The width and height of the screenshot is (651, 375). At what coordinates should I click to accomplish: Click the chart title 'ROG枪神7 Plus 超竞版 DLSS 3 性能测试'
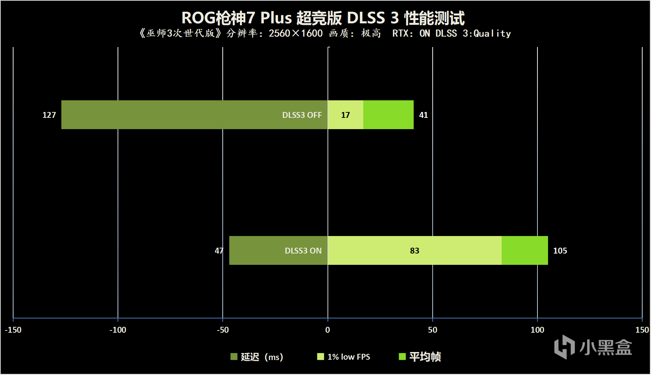(x=323, y=18)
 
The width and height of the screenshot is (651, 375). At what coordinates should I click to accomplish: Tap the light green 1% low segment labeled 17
(x=345, y=115)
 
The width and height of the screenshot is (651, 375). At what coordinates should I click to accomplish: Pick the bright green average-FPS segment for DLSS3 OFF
(x=388, y=115)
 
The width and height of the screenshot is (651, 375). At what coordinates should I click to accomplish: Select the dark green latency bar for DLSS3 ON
(x=256, y=250)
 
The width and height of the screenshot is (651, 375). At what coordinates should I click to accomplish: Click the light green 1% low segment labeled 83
(x=414, y=251)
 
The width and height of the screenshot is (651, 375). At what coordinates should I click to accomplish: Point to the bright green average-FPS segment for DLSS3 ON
(x=525, y=250)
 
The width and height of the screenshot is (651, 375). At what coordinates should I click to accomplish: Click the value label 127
(x=49, y=115)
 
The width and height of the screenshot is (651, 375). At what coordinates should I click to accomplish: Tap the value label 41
(x=423, y=115)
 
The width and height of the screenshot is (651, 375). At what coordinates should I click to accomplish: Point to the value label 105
(x=560, y=251)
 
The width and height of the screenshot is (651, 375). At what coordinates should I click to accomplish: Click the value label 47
(x=219, y=251)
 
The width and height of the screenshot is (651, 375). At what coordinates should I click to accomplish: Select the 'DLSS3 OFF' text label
(x=302, y=115)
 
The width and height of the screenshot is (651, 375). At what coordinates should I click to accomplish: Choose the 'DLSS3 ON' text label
(x=303, y=251)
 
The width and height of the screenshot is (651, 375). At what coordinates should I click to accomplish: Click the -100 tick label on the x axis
(x=118, y=330)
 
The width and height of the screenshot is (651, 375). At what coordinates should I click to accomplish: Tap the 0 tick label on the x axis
(x=328, y=330)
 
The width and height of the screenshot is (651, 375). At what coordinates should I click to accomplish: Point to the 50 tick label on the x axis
(x=432, y=330)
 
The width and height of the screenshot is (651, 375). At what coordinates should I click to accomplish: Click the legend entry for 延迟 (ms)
(x=257, y=357)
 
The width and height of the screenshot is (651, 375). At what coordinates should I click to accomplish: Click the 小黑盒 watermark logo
(x=593, y=347)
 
